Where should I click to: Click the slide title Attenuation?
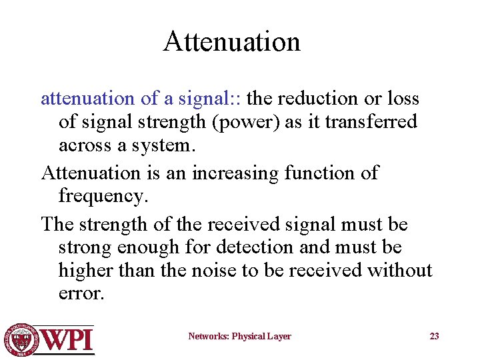pyautogui.click(x=232, y=41)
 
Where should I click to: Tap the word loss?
pyautogui.click(x=405, y=99)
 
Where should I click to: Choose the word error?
pyautogui.click(x=81, y=294)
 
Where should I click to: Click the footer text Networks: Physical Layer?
pyautogui.click(x=239, y=337)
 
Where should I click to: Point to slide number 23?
pyautogui.click(x=434, y=337)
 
